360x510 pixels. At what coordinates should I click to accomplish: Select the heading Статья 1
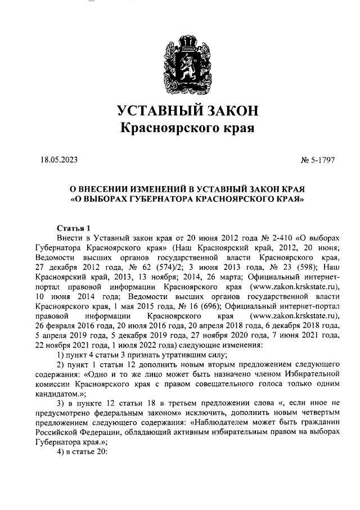[x=74, y=228]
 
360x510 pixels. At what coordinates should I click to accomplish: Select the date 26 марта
[x=211, y=276]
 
